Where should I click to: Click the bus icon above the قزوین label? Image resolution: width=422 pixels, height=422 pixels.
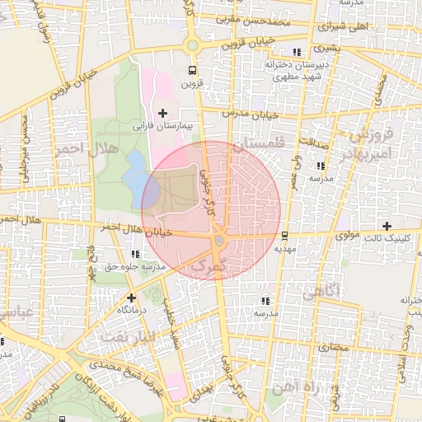(192, 71)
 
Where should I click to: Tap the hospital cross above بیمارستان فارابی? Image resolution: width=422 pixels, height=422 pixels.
(162, 113)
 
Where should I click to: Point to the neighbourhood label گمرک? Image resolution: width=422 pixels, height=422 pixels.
(207, 265)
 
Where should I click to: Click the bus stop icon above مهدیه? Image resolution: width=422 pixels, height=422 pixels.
(285, 235)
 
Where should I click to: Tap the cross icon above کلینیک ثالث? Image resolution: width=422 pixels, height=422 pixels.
(387, 226)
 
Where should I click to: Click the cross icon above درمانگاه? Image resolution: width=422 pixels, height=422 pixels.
(130, 297)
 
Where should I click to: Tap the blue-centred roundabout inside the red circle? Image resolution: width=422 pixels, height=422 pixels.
(218, 241)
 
